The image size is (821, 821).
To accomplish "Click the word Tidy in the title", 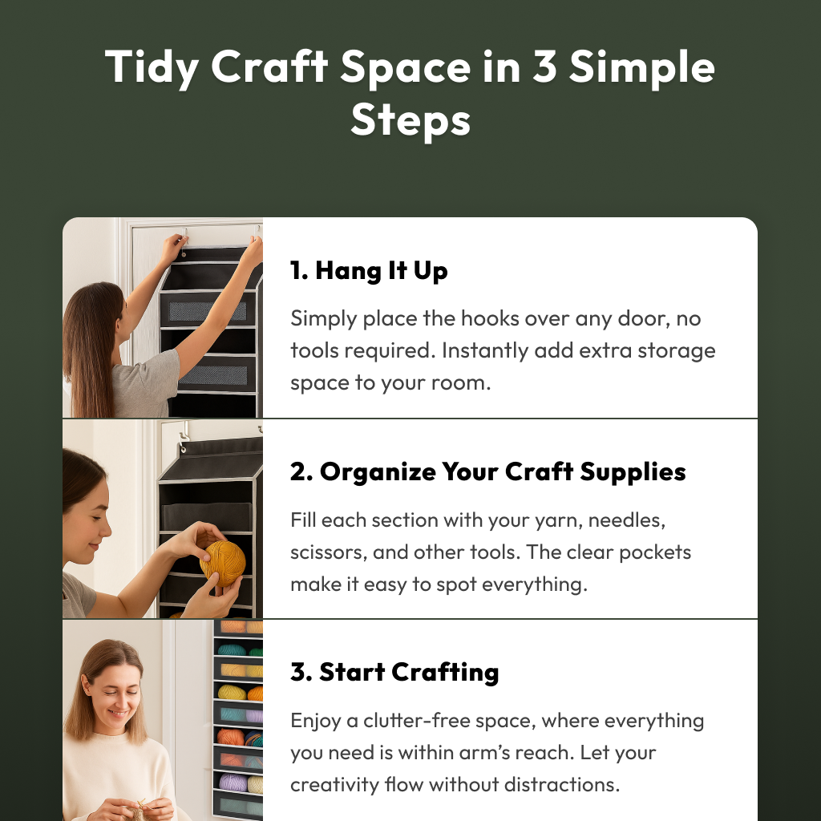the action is point(152,68).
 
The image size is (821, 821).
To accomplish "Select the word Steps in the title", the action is point(410,120).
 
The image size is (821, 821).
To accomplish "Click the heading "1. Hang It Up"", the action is point(369,271).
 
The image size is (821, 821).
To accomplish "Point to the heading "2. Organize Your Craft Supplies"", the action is point(488,471).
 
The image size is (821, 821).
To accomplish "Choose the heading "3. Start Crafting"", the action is point(394,673).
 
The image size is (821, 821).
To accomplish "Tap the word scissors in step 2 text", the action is point(329,552).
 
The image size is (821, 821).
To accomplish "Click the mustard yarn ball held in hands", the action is point(223,564).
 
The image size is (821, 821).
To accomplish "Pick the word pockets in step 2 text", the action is point(655,553).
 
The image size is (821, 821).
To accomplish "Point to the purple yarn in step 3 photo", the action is point(233,783).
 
